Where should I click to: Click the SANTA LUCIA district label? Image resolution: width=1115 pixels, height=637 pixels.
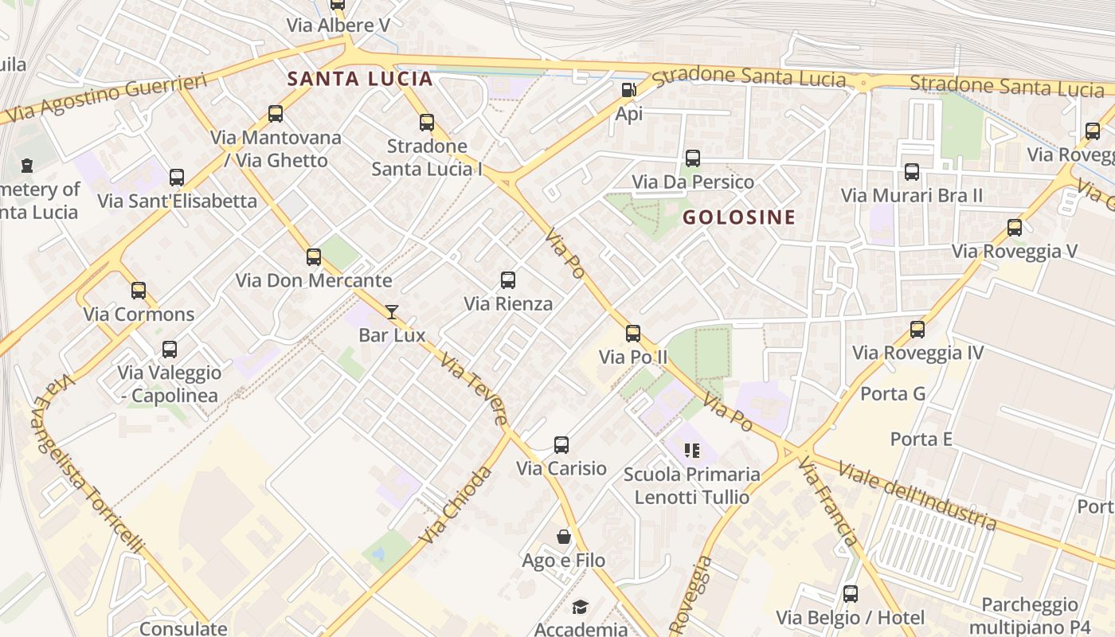360,79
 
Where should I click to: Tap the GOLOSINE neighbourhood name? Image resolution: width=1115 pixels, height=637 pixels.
739,217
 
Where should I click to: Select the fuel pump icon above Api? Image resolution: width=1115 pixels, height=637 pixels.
628,91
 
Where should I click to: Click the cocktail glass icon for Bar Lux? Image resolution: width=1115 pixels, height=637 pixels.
392,311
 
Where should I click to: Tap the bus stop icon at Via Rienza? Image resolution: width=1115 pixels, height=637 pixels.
508,280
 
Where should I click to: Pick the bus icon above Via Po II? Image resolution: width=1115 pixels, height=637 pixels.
633,333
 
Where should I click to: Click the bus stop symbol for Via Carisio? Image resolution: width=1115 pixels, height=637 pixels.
561,445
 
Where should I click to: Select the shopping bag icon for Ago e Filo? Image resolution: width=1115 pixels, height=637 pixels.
564,537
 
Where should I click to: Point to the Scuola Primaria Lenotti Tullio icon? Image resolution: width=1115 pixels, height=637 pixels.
691,451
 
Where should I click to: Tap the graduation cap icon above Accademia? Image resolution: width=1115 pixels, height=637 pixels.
581,608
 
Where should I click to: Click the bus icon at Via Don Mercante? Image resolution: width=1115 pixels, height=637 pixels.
314,257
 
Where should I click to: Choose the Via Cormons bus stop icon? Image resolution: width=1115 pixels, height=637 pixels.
139,291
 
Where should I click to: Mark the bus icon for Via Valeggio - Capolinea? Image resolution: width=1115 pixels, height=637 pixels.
170,349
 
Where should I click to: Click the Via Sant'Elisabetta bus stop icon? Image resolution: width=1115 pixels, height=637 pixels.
177,178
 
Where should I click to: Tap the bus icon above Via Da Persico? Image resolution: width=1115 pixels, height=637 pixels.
693,158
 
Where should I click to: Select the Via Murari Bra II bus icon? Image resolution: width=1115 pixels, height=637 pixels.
912,171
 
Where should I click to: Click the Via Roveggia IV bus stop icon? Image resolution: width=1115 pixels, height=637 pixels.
917,329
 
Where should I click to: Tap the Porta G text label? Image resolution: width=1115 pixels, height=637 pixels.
893,394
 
